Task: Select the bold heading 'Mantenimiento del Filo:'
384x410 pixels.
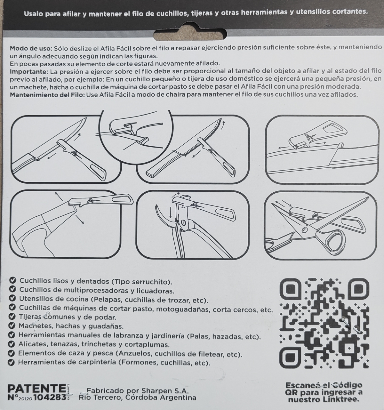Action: (47, 95)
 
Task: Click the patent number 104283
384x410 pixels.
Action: (50, 398)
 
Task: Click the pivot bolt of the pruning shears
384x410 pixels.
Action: (183, 222)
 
